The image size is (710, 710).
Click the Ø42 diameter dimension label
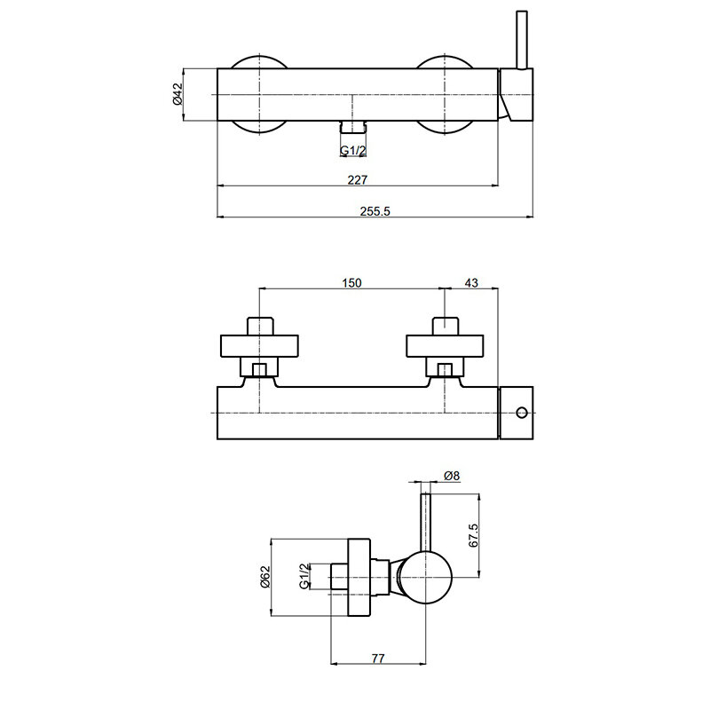tap(177, 94)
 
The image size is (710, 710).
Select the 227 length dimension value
tap(358, 180)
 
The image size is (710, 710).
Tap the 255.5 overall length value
tap(375, 211)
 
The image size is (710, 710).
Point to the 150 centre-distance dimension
tap(351, 283)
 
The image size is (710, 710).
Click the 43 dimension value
tap(471, 283)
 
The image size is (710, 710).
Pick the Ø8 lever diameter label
tap(452, 476)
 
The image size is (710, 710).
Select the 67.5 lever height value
tap(473, 536)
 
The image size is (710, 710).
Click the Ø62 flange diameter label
tap(264, 576)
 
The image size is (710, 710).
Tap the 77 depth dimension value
tap(378, 658)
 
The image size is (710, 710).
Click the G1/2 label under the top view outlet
tap(352, 150)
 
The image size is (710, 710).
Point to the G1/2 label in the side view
tap(304, 576)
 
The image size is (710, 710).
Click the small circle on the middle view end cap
tap(522, 413)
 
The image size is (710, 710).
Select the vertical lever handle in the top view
tap(522, 40)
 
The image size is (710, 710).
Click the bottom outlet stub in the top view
tap(352, 127)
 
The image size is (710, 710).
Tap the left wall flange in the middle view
tap(259, 346)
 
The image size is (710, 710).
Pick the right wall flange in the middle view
tap(445, 346)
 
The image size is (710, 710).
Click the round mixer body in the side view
tap(426, 578)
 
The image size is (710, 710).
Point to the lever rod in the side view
tap(426, 523)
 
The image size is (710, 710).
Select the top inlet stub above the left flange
tap(260, 326)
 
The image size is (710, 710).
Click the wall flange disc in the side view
tap(359, 578)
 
